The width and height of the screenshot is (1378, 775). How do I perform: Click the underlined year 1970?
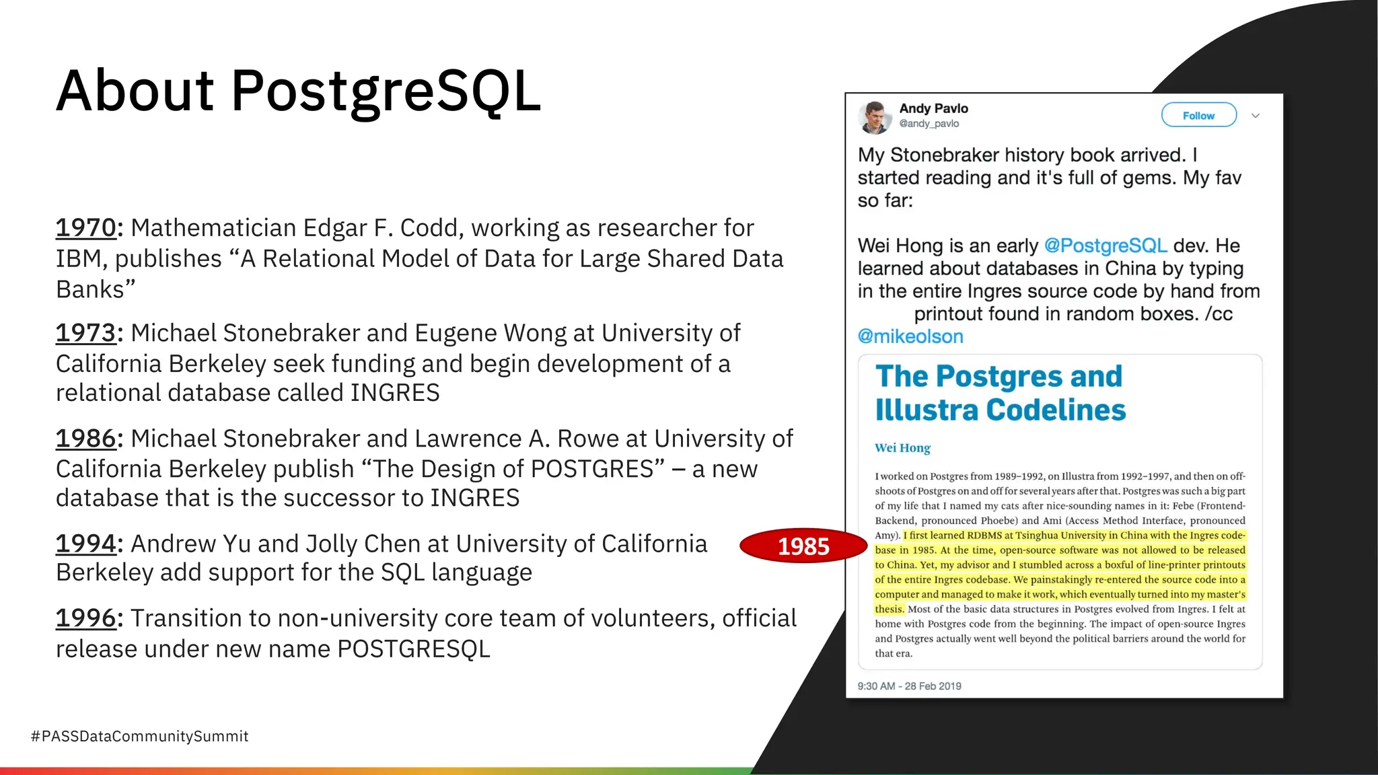coord(86,229)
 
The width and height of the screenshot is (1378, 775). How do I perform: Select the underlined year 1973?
coord(86,334)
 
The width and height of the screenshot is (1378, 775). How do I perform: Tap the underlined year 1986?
coord(86,439)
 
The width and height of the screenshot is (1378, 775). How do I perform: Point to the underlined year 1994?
coord(86,544)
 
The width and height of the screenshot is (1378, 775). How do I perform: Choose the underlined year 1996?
coord(86,619)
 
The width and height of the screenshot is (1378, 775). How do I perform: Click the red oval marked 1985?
coord(803,546)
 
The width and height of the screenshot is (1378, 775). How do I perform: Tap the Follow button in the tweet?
coord(1198,115)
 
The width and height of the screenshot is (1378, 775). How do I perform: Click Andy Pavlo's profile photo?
coord(875,117)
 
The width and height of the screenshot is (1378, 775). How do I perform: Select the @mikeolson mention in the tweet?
coord(910,336)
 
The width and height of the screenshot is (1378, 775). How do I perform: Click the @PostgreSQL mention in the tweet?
coord(1105,246)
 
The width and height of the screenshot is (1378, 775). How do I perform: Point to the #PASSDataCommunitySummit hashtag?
coord(140,736)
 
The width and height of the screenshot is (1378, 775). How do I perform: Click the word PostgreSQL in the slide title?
coord(386,91)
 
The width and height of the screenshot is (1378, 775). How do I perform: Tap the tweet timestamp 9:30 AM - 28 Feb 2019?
coord(909,686)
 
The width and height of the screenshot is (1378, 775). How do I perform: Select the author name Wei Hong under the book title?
coord(902,448)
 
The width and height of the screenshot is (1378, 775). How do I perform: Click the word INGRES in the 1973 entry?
coord(395,393)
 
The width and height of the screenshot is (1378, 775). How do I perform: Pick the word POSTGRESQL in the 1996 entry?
coord(413,649)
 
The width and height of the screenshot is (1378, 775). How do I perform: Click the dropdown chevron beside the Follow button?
coord(1255,116)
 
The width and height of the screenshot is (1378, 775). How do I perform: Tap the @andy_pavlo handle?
coord(929,124)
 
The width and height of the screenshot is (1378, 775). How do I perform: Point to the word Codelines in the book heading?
coord(1056,410)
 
